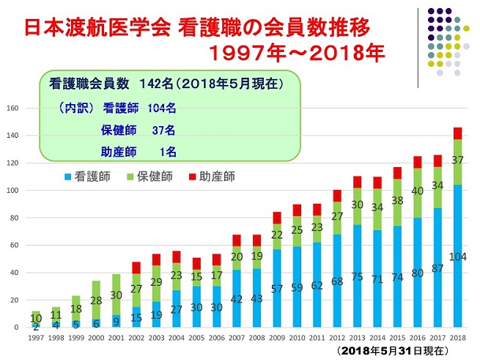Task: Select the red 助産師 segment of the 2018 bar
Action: tap(457, 133)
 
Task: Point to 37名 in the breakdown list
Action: tap(162, 131)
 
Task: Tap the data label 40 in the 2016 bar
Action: tap(418, 191)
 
